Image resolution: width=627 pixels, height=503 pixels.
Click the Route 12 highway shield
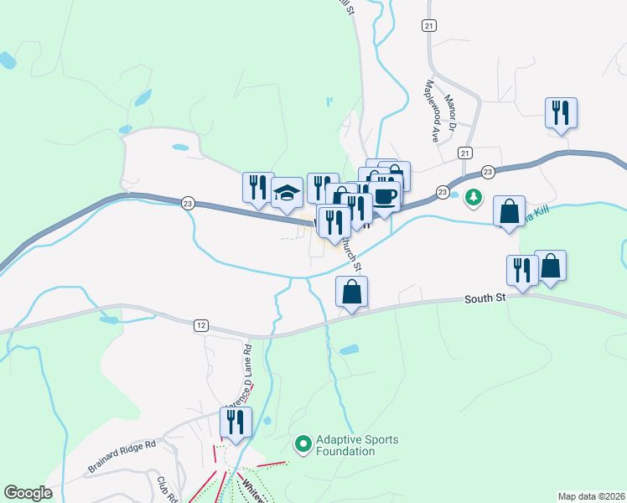[x=199, y=324]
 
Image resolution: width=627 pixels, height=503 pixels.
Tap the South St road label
[x=486, y=298]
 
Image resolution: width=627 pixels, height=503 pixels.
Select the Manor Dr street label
[x=450, y=111]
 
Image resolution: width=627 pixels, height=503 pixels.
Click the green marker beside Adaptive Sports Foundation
[x=303, y=442]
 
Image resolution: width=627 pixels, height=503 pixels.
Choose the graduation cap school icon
[x=287, y=192]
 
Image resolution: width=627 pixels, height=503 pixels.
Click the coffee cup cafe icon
[x=385, y=196]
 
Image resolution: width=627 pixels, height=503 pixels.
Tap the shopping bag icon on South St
[x=352, y=292]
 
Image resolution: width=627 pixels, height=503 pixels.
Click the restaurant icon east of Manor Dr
[x=561, y=112]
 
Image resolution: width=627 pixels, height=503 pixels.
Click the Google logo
[x=28, y=493]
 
